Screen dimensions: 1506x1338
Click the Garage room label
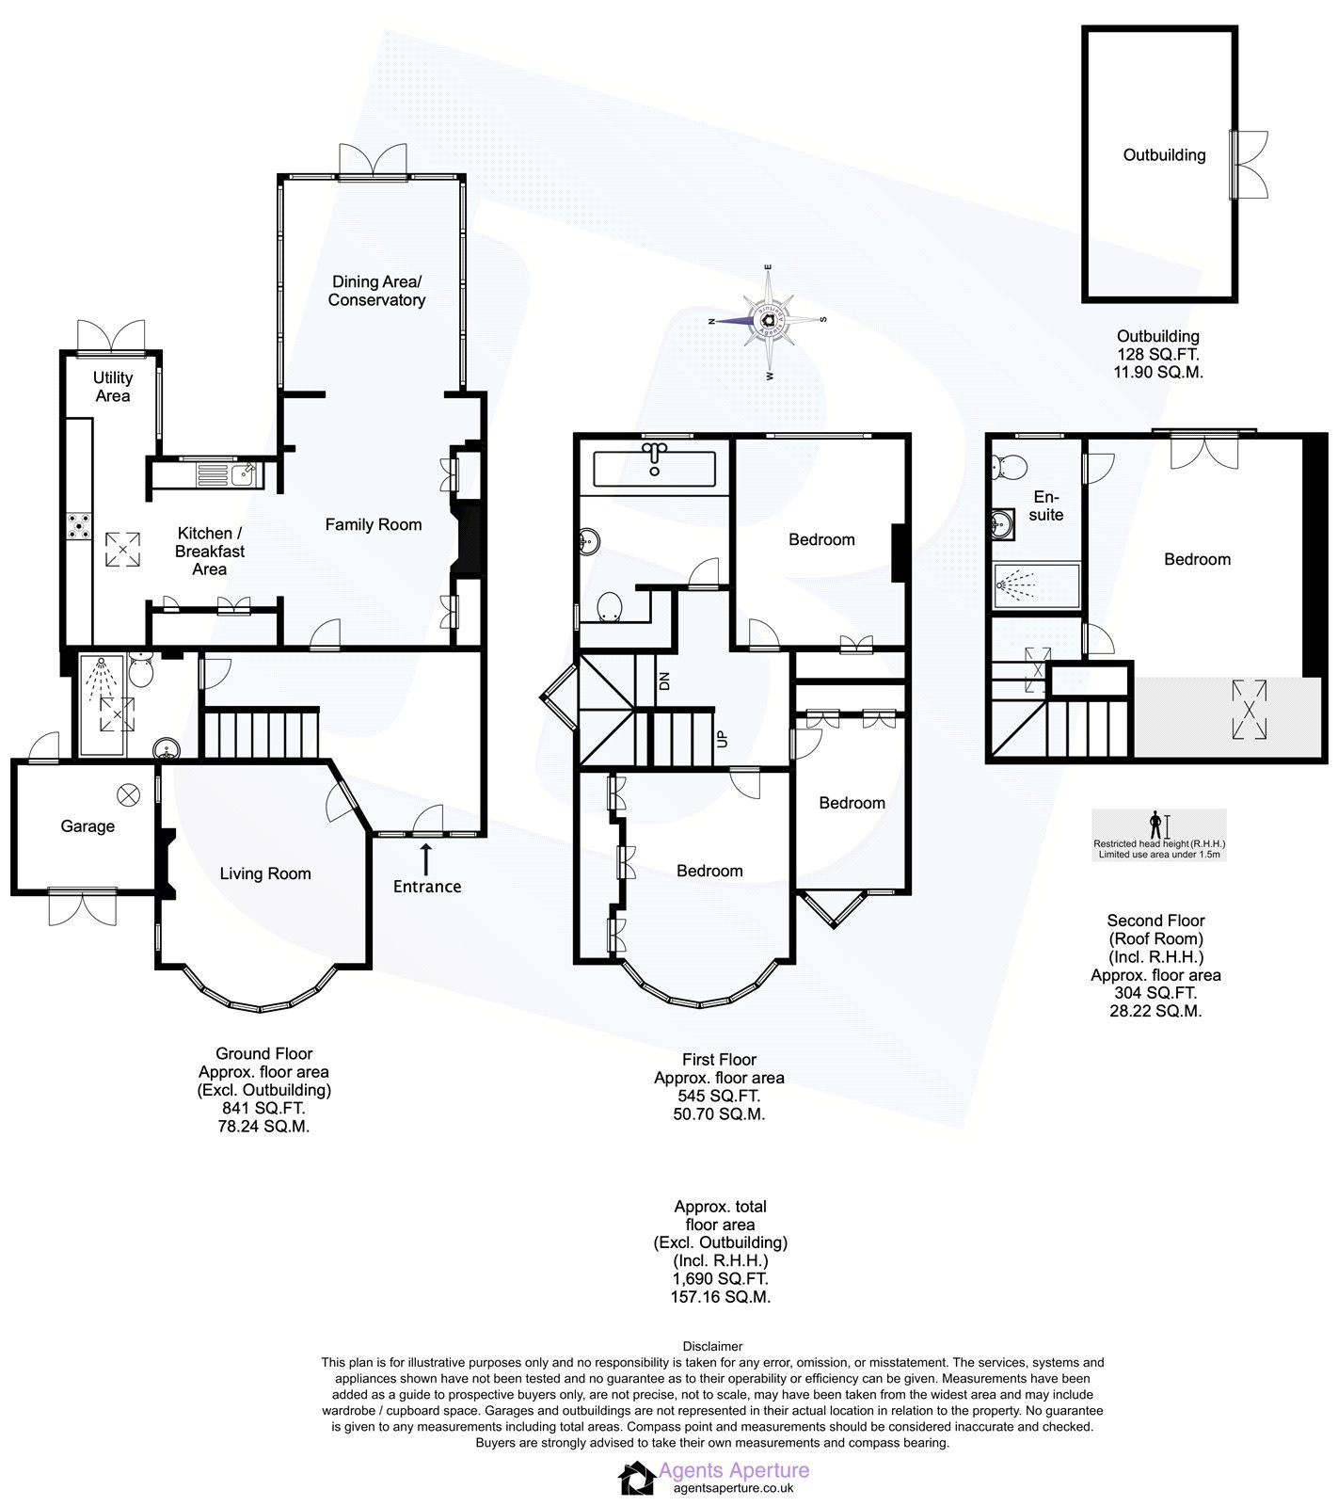pyautogui.click(x=88, y=826)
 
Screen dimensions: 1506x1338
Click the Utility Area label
pyautogui.click(x=112, y=387)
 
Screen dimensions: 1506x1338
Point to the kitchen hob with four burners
pyautogui.click(x=78, y=527)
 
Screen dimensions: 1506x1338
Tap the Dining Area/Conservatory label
pyautogui.click(x=376, y=291)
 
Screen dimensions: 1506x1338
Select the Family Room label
pyautogui.click(x=373, y=524)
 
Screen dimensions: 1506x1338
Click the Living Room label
pyautogui.click(x=265, y=873)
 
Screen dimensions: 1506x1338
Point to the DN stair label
pyautogui.click(x=664, y=681)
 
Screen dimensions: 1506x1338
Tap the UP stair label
pyautogui.click(x=722, y=738)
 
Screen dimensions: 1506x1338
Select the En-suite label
pyautogui.click(x=1045, y=505)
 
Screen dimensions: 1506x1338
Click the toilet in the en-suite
pyautogui.click(x=1011, y=466)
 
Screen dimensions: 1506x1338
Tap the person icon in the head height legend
pyautogui.click(x=1155, y=824)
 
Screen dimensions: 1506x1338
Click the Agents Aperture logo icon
pyautogui.click(x=636, y=1478)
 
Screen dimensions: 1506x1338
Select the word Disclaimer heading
pyautogui.click(x=712, y=1347)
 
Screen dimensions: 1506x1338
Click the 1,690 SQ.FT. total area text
pyautogui.click(x=720, y=1278)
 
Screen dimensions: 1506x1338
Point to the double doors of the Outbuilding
pyautogui.click(x=1250, y=164)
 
